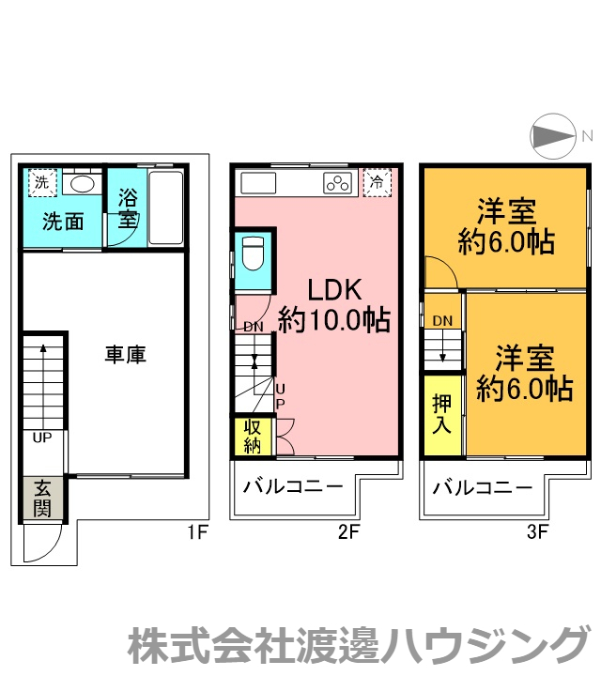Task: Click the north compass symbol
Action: [x=553, y=137]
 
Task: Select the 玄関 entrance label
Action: [x=42, y=499]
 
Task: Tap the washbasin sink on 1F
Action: [x=82, y=182]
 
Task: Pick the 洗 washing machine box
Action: [x=41, y=182]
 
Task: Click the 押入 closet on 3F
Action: [x=442, y=413]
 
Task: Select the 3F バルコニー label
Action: [x=483, y=487]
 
